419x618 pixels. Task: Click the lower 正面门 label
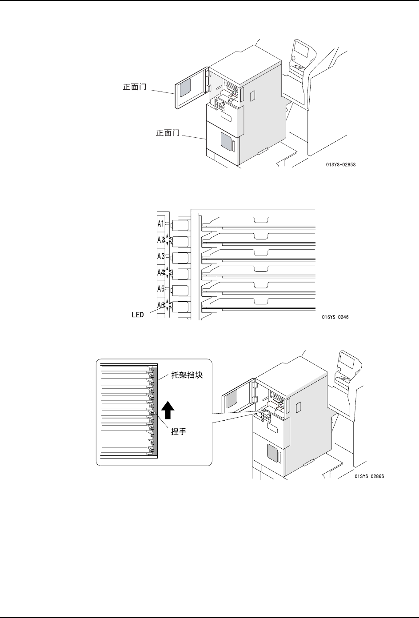(x=168, y=133)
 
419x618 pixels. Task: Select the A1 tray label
(x=161, y=223)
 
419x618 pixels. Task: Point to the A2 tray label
(x=160, y=239)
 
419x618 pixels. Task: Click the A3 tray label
(x=161, y=256)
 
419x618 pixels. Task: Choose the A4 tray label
(x=160, y=272)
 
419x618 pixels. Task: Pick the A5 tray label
(x=161, y=288)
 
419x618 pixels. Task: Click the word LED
(x=137, y=315)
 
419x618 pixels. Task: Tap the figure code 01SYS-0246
(x=335, y=318)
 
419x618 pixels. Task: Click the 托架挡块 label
(x=187, y=375)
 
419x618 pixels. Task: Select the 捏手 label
(x=178, y=431)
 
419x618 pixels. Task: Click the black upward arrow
(x=167, y=410)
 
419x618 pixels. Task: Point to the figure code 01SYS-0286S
(x=369, y=476)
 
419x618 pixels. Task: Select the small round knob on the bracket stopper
(x=152, y=414)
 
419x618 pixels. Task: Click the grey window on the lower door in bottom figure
(x=271, y=453)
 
